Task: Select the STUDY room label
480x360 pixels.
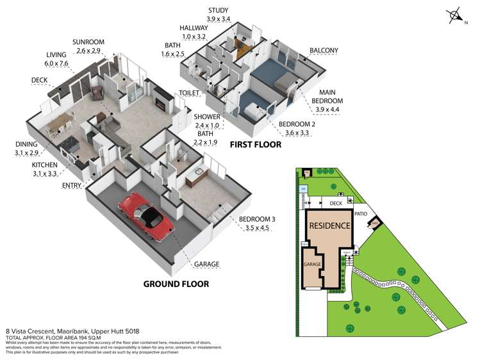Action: (219, 10)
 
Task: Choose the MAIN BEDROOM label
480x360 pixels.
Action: (327, 97)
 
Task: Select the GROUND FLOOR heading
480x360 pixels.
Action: (176, 284)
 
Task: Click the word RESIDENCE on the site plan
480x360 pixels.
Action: (330, 225)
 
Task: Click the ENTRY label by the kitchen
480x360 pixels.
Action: (71, 186)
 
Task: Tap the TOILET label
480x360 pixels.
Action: (188, 93)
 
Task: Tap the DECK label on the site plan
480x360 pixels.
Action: (336, 203)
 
